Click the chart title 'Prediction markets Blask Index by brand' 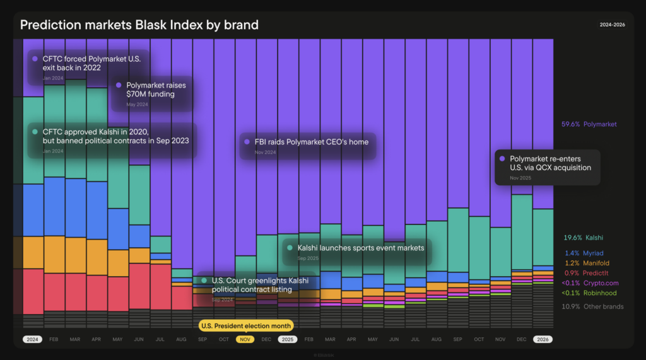click(x=139, y=25)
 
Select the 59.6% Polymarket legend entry click(x=589, y=125)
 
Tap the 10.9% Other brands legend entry click(x=592, y=306)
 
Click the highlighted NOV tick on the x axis click(x=245, y=339)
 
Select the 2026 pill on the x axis click(x=543, y=339)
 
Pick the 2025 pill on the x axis click(x=288, y=339)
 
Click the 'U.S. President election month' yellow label click(x=245, y=326)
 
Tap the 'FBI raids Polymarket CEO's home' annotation click(x=307, y=146)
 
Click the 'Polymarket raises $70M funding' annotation click(x=153, y=93)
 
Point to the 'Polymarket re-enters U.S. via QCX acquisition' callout click(x=547, y=167)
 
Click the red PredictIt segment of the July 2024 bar click(x=160, y=287)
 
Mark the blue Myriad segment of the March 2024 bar click(x=76, y=208)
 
